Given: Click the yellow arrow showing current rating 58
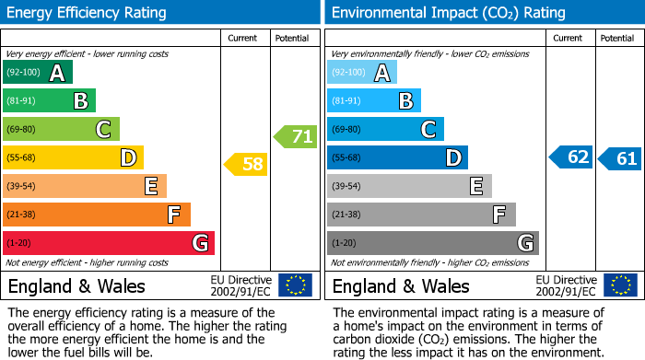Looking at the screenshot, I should (246, 165).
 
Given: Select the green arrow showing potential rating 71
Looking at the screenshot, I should (296, 137).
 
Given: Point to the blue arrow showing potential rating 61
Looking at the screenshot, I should (620, 158).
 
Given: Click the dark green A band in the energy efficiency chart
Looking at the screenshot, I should (38, 73).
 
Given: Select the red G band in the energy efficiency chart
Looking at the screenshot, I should (109, 243).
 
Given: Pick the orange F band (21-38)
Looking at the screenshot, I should (97, 215).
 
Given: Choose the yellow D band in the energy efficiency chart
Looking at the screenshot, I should (73, 157).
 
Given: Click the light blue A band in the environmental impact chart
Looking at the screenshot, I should (362, 73).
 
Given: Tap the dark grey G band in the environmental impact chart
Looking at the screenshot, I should (432, 243).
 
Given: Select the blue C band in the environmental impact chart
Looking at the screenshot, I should (385, 130).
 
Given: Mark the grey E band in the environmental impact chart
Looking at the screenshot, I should (409, 186).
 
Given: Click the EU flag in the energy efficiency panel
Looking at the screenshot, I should (295, 285).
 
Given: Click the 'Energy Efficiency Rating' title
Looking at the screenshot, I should (87, 13).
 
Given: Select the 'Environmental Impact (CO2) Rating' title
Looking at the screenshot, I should (448, 13).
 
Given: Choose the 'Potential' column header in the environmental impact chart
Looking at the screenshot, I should (617, 38).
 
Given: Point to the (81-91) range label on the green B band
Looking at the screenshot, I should (23, 101).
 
